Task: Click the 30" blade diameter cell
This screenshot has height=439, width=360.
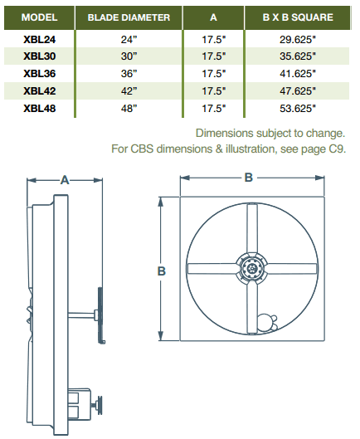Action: pyautogui.click(x=129, y=56)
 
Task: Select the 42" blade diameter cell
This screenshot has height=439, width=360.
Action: pyautogui.click(x=129, y=90)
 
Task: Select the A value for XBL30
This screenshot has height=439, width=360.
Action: pyautogui.click(x=213, y=56)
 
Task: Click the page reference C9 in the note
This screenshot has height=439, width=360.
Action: pyautogui.click(x=336, y=149)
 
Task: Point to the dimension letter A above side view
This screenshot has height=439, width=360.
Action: pyautogui.click(x=64, y=178)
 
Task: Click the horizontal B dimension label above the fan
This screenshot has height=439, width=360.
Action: pyautogui.click(x=250, y=177)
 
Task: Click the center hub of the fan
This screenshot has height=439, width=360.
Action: pyautogui.click(x=251, y=268)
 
